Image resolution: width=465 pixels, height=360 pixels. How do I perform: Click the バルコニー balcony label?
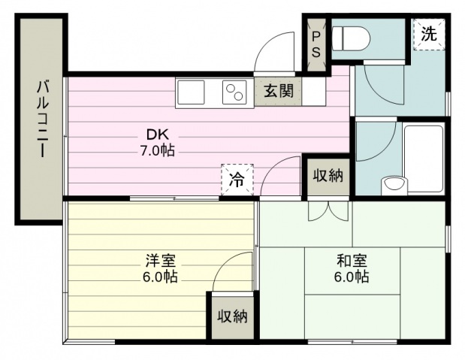tap(42, 119)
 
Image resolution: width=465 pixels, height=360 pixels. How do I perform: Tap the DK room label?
tap(158, 135)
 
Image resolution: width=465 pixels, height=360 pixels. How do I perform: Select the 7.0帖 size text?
tap(157, 151)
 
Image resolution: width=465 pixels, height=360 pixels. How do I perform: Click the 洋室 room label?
tap(161, 260)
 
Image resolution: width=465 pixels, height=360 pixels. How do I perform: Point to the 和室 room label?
tap(352, 260)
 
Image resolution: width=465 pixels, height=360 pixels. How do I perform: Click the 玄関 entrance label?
tap(279, 91)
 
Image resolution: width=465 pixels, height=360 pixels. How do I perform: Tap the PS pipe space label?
tap(316, 44)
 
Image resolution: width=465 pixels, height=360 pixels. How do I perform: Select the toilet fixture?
tap(352, 38)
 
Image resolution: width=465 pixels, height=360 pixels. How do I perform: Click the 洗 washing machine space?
tap(429, 34)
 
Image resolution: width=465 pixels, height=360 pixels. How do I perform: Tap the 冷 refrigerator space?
tap(237, 180)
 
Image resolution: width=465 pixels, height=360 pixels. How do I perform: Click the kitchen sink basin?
tap(191, 92)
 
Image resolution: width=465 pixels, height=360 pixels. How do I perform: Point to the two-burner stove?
tap(234, 92)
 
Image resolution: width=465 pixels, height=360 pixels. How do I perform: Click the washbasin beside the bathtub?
tap(394, 186)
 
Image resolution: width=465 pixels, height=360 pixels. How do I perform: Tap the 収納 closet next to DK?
tap(328, 176)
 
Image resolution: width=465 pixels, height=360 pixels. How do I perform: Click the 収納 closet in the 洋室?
tap(233, 317)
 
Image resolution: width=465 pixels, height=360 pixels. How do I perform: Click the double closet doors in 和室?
tap(328, 211)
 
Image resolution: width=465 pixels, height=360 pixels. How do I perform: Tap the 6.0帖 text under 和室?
tap(352, 277)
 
